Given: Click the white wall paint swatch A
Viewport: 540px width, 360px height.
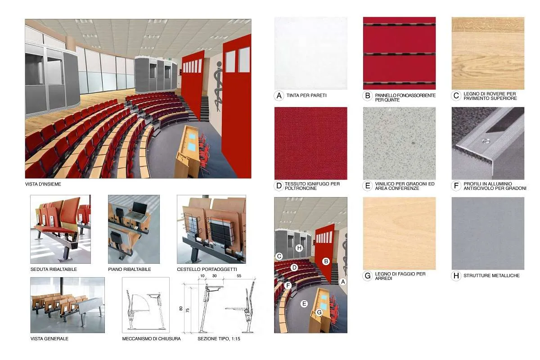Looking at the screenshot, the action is click(311, 53).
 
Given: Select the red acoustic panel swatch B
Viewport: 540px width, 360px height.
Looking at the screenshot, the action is click(399, 53).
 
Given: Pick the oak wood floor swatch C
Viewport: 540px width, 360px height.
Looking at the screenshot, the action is click(488, 53).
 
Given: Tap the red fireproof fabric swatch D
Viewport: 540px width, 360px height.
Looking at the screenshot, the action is click(311, 143).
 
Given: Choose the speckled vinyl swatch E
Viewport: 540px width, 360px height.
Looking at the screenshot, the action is click(399, 143).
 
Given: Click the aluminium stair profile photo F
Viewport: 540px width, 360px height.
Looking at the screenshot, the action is click(488, 143).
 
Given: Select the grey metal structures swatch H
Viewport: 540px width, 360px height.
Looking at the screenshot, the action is click(488, 234).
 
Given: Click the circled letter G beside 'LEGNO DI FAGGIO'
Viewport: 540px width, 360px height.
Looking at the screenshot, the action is click(368, 276).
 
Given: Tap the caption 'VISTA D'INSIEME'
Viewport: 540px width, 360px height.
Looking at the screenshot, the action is click(43, 184).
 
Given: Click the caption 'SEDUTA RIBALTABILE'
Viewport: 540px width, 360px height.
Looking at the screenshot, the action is click(54, 270).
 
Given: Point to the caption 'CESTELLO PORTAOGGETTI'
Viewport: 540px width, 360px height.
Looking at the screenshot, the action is click(207, 270).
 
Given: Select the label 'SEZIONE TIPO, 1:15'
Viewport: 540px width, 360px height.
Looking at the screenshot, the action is click(219, 339).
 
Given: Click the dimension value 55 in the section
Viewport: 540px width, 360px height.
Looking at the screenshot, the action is click(239, 276).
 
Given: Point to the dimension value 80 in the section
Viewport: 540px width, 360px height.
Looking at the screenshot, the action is click(181, 308).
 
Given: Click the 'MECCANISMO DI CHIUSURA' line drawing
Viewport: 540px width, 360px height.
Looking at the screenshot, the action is click(146, 305).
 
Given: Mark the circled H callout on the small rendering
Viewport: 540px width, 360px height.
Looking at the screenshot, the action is click(299, 248).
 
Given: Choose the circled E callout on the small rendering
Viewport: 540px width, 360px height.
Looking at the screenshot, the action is click(304, 304).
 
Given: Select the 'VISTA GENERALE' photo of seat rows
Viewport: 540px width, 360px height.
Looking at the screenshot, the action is click(67, 305).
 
